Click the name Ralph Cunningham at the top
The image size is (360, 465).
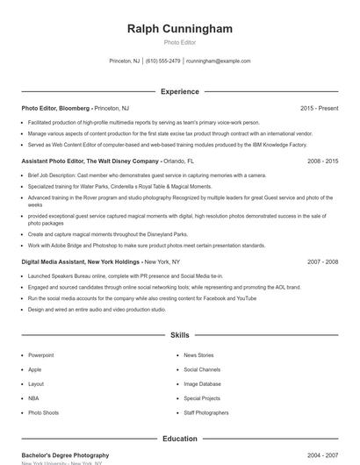click(x=180, y=29)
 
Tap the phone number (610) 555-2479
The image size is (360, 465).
click(x=163, y=61)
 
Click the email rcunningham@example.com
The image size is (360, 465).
click(x=219, y=61)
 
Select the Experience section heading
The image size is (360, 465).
click(x=179, y=91)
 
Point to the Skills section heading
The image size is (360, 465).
click(x=179, y=335)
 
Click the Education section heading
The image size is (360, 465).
click(x=179, y=439)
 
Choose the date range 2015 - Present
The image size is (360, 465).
click(x=319, y=108)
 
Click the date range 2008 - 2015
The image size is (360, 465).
click(x=322, y=161)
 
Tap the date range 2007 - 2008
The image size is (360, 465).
click(x=322, y=261)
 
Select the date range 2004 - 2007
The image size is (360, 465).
click(x=322, y=455)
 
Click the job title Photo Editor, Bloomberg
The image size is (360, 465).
click(x=55, y=108)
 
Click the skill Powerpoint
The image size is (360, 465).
click(x=41, y=355)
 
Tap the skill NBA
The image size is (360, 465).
click(x=34, y=397)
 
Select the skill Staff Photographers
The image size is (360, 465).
click(x=206, y=412)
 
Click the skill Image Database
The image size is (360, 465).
click(x=203, y=383)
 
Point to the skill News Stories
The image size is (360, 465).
click(x=198, y=355)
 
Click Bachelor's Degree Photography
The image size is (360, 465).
click(x=65, y=455)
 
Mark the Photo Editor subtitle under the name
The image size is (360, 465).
click(x=180, y=42)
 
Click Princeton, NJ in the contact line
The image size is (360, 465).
click(x=124, y=61)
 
